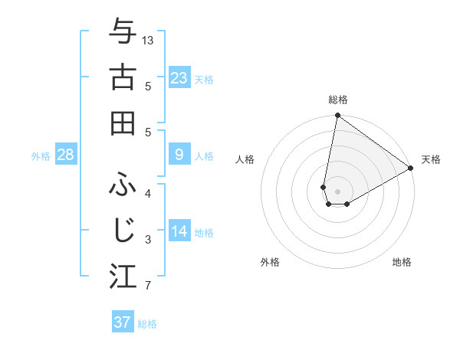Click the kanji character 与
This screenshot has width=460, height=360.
[x=123, y=31]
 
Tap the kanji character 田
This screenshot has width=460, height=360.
[x=123, y=123]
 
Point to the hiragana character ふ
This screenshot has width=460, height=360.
[x=123, y=184]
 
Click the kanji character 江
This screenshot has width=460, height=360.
[x=123, y=277]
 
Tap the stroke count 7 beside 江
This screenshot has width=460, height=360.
[x=148, y=286]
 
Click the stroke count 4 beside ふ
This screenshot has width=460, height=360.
[x=148, y=193]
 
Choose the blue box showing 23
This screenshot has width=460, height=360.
[x=179, y=78]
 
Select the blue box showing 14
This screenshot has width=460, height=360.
[x=179, y=231]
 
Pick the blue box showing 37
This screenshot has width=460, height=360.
[x=123, y=322]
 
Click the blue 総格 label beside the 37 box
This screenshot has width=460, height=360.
[x=147, y=324]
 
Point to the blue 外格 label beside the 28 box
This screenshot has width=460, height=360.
[x=41, y=156]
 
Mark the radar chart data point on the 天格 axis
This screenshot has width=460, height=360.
[x=411, y=169]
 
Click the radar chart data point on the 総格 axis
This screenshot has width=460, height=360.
[x=337, y=116]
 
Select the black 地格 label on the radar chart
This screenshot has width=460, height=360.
[x=402, y=262]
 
